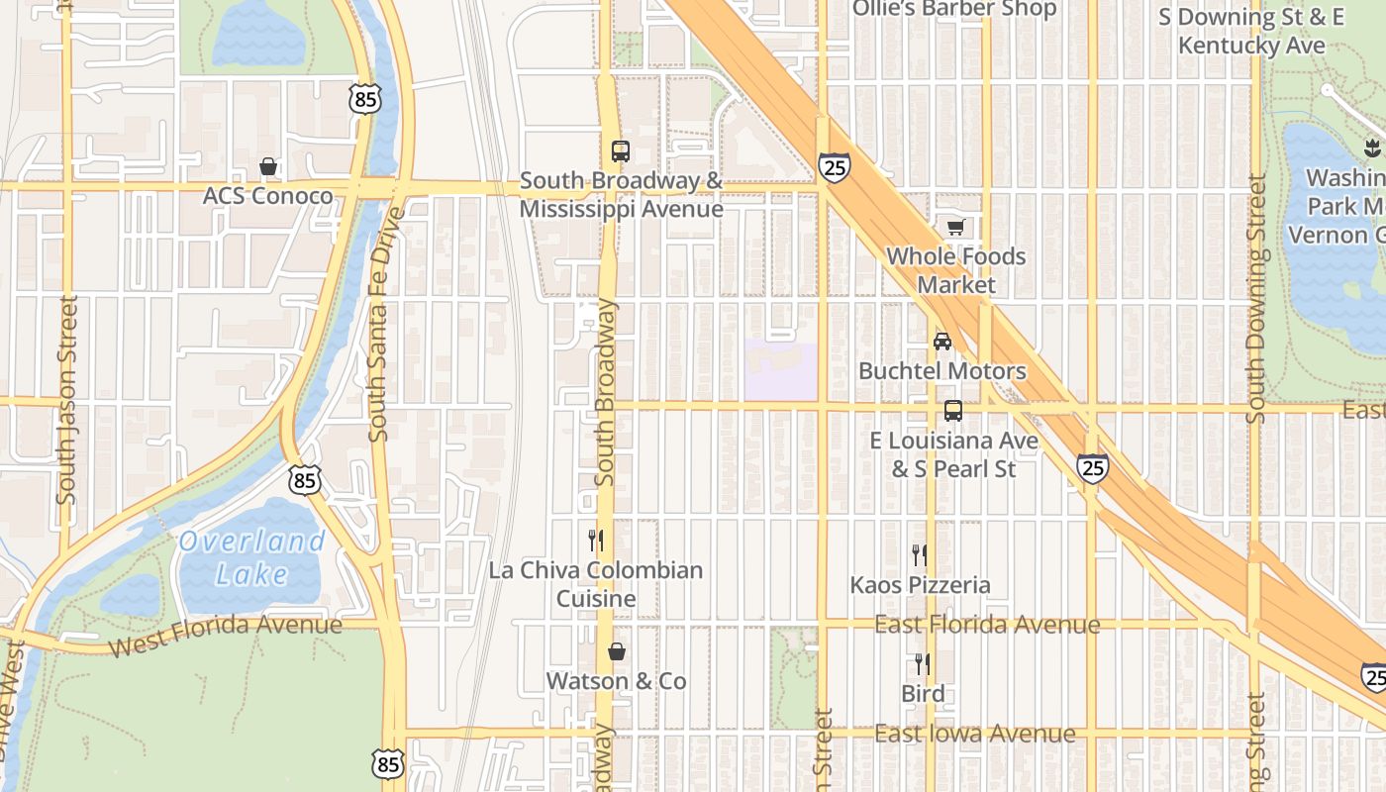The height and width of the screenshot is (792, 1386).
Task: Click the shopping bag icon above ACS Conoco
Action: pyautogui.click(x=267, y=166)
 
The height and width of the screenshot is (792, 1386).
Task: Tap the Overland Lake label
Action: pyautogui.click(x=251, y=557)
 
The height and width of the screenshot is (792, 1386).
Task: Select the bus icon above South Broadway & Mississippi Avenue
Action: pyautogui.click(x=621, y=151)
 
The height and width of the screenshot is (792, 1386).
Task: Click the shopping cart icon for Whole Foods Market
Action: pyautogui.click(x=955, y=228)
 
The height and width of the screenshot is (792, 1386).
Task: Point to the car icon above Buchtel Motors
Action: pyautogui.click(x=942, y=342)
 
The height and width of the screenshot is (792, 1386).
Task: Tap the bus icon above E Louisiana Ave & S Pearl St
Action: pyautogui.click(x=953, y=410)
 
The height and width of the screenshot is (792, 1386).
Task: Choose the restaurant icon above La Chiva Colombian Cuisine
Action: pyautogui.click(x=596, y=541)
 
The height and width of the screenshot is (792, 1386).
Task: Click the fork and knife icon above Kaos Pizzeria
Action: pyautogui.click(x=920, y=554)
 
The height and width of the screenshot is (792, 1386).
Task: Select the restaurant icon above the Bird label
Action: pyautogui.click(x=922, y=663)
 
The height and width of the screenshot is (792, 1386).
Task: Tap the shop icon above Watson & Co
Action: pyautogui.click(x=617, y=651)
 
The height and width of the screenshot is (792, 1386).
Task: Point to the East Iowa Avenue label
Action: pyautogui.click(x=974, y=734)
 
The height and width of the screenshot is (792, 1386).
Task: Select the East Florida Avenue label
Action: pyautogui.click(x=986, y=625)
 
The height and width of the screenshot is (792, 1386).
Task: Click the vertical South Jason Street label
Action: pyautogui.click(x=67, y=399)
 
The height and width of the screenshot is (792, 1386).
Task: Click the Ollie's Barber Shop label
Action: pyautogui.click(x=955, y=9)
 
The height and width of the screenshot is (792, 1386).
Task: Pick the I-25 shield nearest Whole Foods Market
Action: pyautogui.click(x=835, y=167)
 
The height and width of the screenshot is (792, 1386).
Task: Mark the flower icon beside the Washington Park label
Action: pyautogui.click(x=1371, y=148)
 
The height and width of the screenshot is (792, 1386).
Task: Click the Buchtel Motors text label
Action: pyautogui.click(x=942, y=371)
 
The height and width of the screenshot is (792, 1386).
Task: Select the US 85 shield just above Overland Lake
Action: pyautogui.click(x=305, y=480)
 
